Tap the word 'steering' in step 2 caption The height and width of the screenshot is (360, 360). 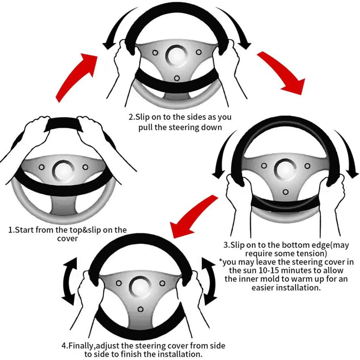[194, 127]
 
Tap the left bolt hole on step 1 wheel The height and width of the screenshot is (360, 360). [41, 167]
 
